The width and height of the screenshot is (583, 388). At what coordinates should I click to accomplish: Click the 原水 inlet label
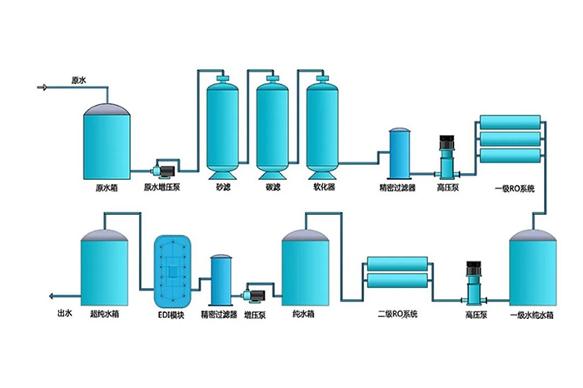tap(79, 81)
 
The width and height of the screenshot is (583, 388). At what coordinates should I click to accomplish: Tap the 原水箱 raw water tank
tap(107, 142)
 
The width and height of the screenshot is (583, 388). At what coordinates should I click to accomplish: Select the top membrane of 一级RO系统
tap(510, 125)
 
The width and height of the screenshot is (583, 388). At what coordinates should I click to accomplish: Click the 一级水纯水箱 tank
tap(531, 266)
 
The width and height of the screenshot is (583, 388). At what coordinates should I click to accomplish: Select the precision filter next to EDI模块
tap(221, 279)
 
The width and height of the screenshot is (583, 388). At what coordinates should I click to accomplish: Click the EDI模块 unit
tap(174, 270)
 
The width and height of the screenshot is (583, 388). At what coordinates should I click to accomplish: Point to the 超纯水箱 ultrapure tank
tap(104, 266)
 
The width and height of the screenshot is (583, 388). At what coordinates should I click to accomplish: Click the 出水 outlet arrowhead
tap(52, 296)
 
